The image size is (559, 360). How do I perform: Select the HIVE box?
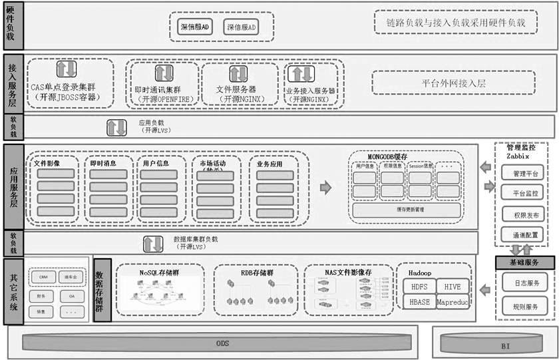point(453,286)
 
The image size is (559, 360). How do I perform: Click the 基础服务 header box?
point(525,263)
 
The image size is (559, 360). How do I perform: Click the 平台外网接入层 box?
point(454,83)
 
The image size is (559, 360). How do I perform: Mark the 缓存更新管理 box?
point(406,210)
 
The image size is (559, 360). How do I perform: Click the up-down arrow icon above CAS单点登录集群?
point(66,69)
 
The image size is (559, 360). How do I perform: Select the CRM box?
point(43,277)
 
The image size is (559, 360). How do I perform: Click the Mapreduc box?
point(453,302)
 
